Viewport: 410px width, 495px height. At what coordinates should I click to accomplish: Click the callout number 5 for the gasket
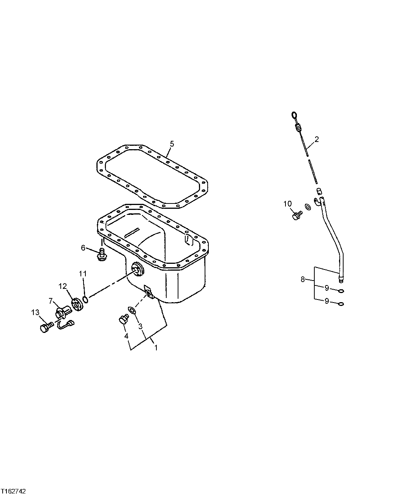(x=172, y=143)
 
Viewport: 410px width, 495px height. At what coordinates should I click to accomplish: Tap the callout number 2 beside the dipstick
(x=317, y=139)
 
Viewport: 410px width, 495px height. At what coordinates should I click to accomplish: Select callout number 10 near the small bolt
(x=287, y=204)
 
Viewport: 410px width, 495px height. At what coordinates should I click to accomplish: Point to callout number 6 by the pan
(x=83, y=248)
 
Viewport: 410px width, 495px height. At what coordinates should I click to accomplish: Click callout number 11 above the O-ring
(x=83, y=274)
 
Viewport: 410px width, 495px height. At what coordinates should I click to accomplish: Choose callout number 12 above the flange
(x=63, y=285)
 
